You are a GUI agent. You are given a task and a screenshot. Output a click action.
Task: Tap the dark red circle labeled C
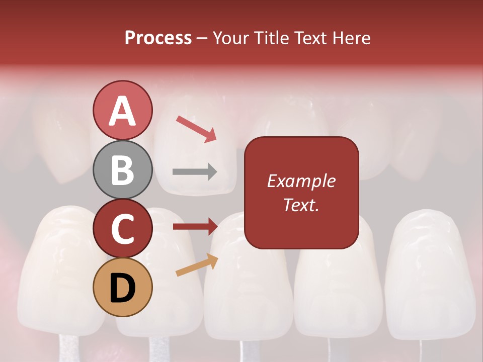tap(122, 228)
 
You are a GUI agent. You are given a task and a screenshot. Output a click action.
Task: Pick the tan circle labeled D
tap(122, 287)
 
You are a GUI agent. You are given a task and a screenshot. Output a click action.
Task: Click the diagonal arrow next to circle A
tap(196, 129)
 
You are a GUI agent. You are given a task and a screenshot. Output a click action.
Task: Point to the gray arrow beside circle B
tap(195, 171)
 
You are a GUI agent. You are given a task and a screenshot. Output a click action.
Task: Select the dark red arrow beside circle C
tap(195, 227)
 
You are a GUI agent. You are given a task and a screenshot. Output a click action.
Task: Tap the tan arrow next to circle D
tap(197, 265)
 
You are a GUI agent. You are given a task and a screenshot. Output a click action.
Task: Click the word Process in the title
tap(158, 38)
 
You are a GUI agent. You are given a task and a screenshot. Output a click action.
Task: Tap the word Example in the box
tap(301, 181)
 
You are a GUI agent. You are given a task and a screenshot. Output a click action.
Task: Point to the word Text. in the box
tap(301, 205)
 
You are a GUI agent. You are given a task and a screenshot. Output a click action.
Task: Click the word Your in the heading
tap(230, 38)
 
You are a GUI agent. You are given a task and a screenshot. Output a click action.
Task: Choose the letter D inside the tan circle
tap(122, 288)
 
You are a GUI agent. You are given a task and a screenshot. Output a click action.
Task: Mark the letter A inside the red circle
tap(122, 111)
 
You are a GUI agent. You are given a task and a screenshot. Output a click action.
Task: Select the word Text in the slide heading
tap(310, 38)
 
